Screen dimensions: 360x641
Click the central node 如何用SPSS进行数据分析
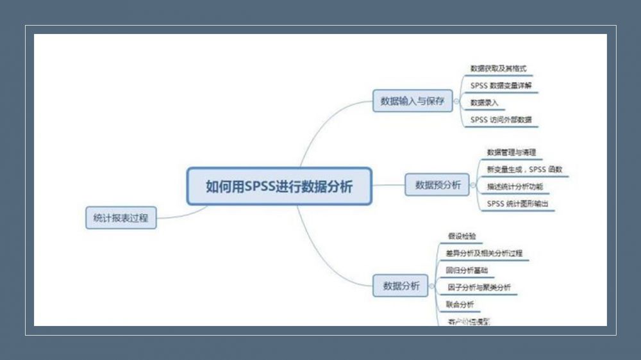[x=279, y=186]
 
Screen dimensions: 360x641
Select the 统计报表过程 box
[x=121, y=218]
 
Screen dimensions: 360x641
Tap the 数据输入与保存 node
[x=412, y=101]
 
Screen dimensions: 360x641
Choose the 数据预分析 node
[x=438, y=185]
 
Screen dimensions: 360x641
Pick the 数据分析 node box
[x=401, y=286]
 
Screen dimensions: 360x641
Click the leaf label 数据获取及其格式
[x=498, y=68]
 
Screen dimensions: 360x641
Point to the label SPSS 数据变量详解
[x=501, y=85]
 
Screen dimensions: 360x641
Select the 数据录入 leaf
[x=484, y=102]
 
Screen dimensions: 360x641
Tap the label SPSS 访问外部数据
[x=500, y=120]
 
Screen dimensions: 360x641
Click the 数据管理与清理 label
[x=511, y=152]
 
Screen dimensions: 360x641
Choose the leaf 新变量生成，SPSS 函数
[x=524, y=170]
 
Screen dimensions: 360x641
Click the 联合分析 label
[x=460, y=304]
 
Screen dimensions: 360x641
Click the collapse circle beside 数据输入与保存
[x=456, y=101]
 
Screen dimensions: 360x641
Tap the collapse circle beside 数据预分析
[x=474, y=185]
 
